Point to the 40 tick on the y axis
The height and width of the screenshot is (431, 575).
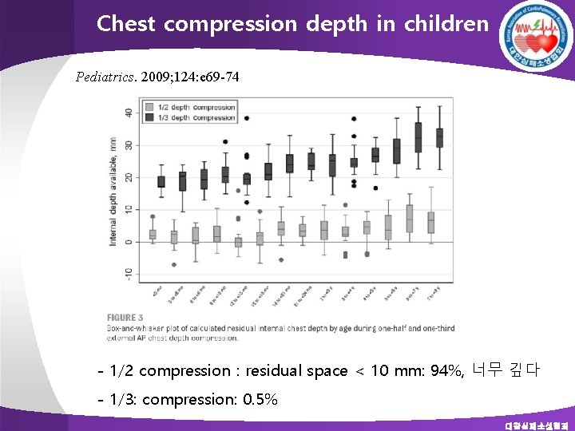129,112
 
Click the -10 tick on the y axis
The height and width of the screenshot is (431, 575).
128,273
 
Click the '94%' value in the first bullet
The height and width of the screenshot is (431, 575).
448,371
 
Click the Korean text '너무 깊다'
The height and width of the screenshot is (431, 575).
506,370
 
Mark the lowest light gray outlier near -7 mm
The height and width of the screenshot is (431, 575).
174,264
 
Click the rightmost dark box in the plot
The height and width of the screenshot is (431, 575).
439,138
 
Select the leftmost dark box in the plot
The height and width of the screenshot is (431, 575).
161,182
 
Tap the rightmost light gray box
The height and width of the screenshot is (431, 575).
430,222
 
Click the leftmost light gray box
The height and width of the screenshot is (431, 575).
153,234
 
